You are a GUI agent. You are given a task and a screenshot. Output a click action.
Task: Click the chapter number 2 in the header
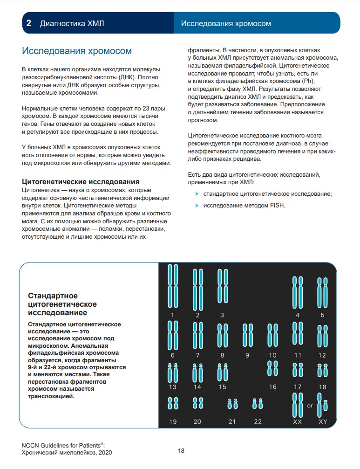click(28, 23)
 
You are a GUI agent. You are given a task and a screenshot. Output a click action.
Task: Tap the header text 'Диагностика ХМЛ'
click(72, 23)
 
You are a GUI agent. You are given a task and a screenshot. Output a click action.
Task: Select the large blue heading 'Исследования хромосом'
click(77, 51)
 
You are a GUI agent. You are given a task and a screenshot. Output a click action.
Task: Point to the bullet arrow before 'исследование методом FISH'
click(197, 205)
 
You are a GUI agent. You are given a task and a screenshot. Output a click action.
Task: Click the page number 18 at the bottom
click(181, 451)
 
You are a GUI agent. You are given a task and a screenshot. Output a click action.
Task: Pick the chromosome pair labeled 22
click(258, 403)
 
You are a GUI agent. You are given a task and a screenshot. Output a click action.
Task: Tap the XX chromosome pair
click(297, 405)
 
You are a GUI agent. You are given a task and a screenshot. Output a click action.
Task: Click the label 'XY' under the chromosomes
click(323, 422)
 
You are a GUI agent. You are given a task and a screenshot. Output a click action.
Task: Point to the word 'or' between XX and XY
click(310, 406)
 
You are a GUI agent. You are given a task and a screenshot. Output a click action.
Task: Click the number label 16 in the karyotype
click(272, 386)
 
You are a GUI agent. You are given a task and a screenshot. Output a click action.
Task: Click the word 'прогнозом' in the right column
click(203, 120)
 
